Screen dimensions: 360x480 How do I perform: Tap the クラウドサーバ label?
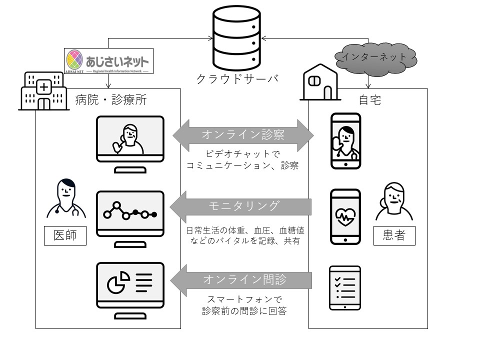pos(237,79)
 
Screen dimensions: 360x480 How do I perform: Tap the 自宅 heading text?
pos(369,100)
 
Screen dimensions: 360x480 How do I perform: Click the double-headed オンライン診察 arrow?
pos(243,135)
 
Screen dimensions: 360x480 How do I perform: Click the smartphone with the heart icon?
pos(345,216)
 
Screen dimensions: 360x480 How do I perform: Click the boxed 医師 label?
pos(65,235)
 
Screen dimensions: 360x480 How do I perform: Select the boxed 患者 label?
pos(394,235)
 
